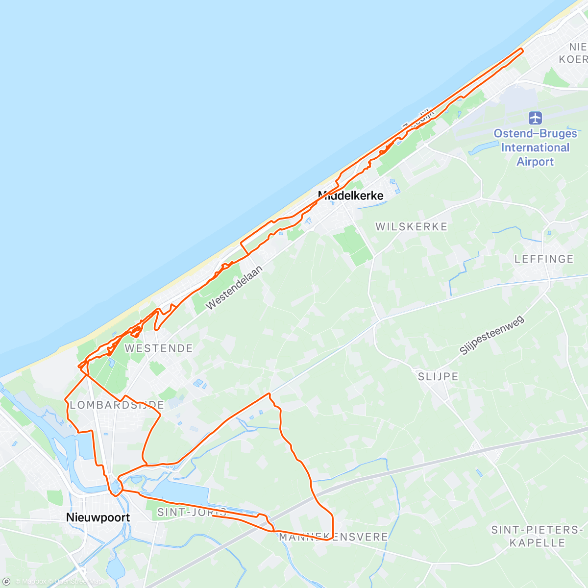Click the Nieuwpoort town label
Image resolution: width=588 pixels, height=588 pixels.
click(98, 517)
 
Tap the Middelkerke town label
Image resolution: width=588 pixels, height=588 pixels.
click(351, 196)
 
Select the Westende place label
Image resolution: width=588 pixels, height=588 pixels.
click(159, 348)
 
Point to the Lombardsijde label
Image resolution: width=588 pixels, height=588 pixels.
click(117, 405)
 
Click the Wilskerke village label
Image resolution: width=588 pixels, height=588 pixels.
click(412, 226)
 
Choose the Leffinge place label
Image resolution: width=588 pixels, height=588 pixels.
click(544, 259)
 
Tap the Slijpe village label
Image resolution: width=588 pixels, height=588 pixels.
click(438, 376)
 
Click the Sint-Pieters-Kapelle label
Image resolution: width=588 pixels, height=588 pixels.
click(537, 536)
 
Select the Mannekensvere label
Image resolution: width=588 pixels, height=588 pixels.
click(333, 537)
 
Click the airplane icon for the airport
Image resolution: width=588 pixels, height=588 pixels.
click(535, 118)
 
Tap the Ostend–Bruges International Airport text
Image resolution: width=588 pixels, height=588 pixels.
click(535, 147)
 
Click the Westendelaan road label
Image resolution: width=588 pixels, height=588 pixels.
click(234, 288)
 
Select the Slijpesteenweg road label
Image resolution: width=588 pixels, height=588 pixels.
click(491, 335)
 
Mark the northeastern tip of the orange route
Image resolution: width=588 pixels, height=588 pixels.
click(522, 49)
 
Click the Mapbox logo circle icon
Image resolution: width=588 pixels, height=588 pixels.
click(7, 581)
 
